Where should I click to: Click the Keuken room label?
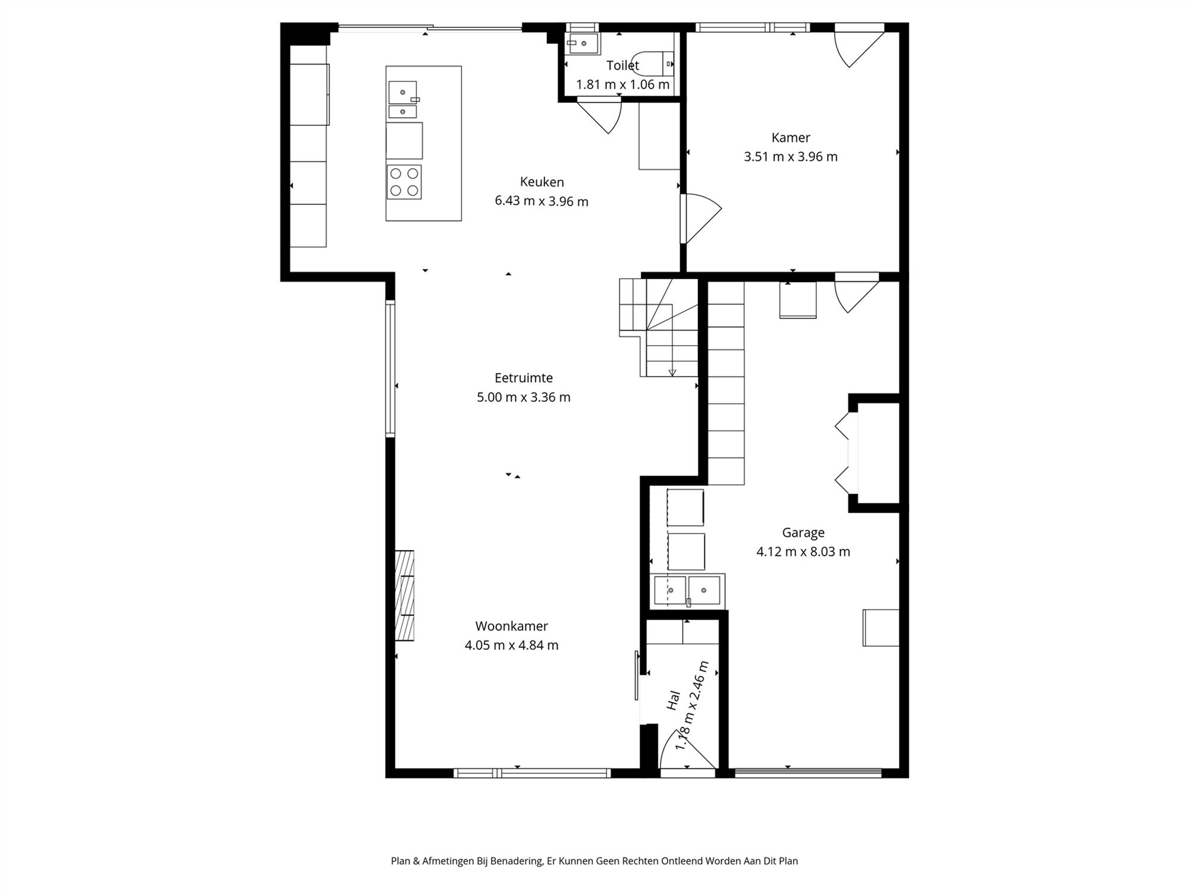coord(542,182)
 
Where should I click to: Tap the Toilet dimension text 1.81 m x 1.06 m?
coord(622,84)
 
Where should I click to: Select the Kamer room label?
coord(791,138)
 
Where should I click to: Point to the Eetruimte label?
coord(524,378)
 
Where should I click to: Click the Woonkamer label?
coord(511,626)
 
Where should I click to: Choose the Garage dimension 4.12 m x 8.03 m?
coord(803,552)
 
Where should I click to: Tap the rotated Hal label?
coord(674,700)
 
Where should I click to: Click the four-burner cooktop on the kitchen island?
coord(404,182)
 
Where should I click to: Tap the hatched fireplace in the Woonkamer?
coord(405,596)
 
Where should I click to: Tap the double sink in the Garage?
coord(687,590)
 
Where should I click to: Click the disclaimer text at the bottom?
coord(594,861)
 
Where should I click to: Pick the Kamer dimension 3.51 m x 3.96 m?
coord(791,157)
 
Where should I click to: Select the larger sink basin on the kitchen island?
coord(402,93)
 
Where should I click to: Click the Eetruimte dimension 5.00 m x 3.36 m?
coord(524,397)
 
